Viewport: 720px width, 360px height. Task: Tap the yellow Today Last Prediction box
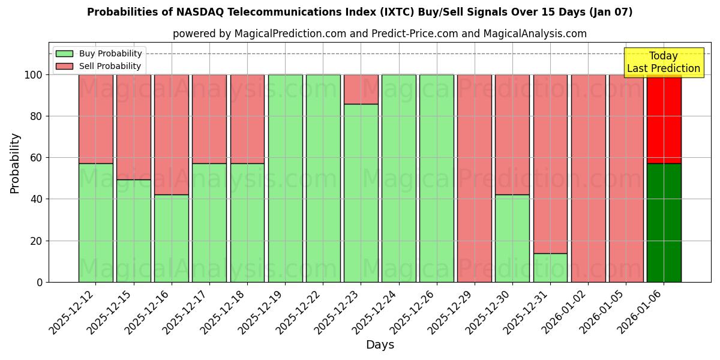coord(663,62)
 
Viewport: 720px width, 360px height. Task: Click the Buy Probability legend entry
coord(99,53)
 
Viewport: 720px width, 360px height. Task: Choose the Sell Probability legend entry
coord(99,66)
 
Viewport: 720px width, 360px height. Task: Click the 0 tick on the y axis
coord(40,282)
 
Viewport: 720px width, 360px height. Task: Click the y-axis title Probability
coord(15,163)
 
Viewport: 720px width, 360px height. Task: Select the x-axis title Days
coord(380,345)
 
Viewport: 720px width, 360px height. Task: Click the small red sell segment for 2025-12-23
coord(361,89)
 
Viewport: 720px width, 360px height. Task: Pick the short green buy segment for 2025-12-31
coord(550,268)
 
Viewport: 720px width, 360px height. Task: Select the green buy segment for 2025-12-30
coord(512,238)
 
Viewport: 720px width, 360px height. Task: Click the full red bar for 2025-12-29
coord(474,178)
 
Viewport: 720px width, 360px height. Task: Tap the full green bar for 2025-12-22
coord(323,178)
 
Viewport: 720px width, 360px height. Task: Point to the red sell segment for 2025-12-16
coord(171,134)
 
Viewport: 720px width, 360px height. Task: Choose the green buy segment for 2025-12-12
coord(95,223)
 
